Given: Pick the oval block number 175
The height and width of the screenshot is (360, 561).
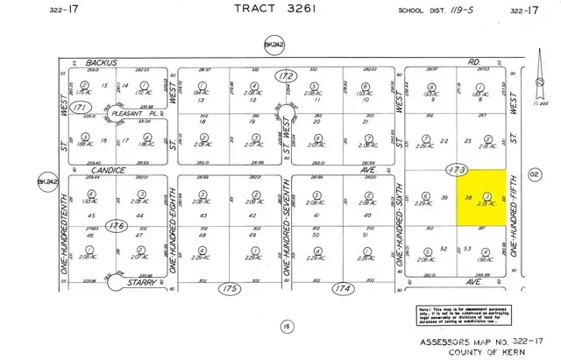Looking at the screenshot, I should pos(230,287).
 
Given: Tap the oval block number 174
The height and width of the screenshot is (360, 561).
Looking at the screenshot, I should pos(340,287).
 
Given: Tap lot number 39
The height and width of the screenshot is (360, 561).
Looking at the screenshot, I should pos(444,198).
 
